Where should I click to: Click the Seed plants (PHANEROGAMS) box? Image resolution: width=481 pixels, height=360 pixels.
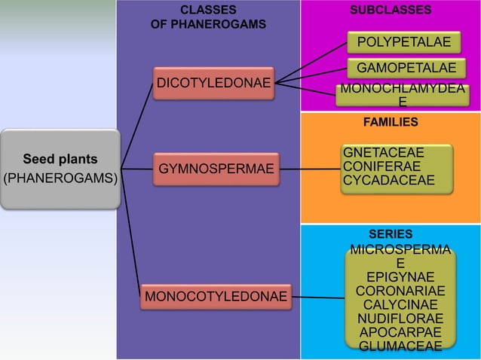(x=60, y=169)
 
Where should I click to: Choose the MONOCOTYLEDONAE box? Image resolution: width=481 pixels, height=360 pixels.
(x=216, y=296)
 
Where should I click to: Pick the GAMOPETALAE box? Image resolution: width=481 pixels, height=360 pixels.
(x=406, y=69)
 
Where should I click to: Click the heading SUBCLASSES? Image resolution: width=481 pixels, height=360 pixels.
(x=391, y=10)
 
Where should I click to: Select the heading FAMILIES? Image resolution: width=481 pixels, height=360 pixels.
(x=391, y=121)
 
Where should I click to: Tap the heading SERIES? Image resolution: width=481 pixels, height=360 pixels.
(x=391, y=234)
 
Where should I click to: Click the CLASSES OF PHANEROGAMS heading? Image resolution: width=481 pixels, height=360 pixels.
(x=208, y=17)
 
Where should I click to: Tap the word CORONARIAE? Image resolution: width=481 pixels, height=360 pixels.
(x=400, y=291)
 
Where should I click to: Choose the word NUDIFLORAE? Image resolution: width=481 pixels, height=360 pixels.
(x=400, y=319)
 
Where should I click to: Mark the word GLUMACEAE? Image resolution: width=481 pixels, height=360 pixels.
(x=400, y=346)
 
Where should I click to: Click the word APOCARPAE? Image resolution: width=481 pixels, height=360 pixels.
(x=400, y=332)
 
